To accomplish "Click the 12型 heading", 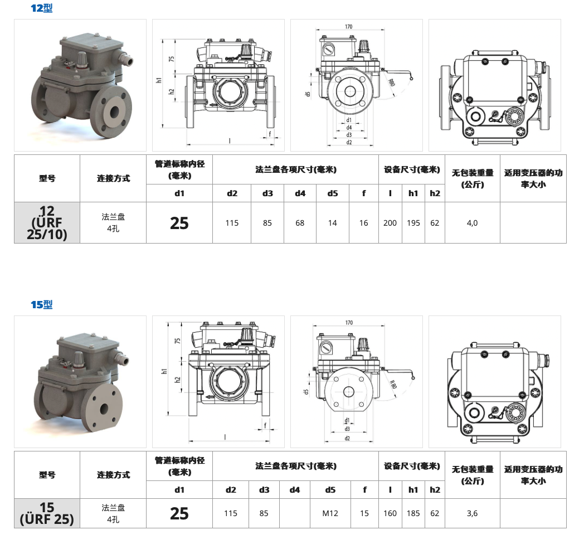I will pyautogui.click(x=41, y=8).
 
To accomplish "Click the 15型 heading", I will pyautogui.click(x=41, y=305).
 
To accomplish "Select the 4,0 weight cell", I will pyautogui.click(x=472, y=223).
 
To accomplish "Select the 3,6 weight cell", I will pyautogui.click(x=472, y=513).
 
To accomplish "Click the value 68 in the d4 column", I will pyautogui.click(x=300, y=223).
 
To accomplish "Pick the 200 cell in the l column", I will pyautogui.click(x=390, y=223).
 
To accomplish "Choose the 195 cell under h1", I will pyautogui.click(x=413, y=223).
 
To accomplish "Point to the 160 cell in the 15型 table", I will pyautogui.click(x=390, y=513).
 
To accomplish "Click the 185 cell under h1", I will pyautogui.click(x=413, y=513).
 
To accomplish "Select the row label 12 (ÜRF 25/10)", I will pyautogui.click(x=47, y=223).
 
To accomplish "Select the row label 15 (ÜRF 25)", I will pyautogui.click(x=47, y=513).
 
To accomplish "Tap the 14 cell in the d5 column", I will pyautogui.click(x=332, y=223).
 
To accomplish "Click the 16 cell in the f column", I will pyautogui.click(x=363, y=223).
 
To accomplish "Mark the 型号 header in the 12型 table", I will pyautogui.click(x=47, y=178).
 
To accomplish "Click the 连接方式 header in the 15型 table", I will pyautogui.click(x=113, y=475).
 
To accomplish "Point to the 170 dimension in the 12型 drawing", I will pyautogui.click(x=349, y=27).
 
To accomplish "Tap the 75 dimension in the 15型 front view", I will pyautogui.click(x=178, y=340).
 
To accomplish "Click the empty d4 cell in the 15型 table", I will pyautogui.click(x=294, y=513).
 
